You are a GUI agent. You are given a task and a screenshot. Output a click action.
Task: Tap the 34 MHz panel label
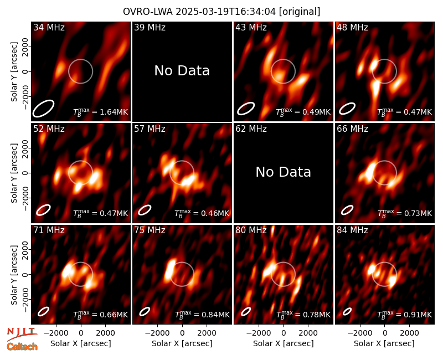[49, 27]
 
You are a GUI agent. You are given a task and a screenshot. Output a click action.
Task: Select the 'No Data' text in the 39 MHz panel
[182, 71]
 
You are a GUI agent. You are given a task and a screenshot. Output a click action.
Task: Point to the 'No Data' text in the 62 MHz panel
[284, 172]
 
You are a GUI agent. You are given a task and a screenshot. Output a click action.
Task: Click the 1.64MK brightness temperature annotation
[101, 112]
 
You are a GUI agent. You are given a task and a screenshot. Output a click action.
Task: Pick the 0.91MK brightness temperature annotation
[405, 315]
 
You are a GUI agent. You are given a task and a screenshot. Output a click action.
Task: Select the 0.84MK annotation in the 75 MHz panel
[202, 315]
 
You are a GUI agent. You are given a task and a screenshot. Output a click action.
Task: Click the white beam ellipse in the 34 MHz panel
[43, 108]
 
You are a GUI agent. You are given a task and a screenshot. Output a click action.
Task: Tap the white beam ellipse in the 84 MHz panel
[347, 311]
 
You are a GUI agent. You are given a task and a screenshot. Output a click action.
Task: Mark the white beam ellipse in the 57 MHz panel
[145, 210]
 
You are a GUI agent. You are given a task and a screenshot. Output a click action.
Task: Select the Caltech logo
[22, 347]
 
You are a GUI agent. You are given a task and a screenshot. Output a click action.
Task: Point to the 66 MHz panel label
[352, 129]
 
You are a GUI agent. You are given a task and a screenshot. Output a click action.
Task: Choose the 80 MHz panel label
[251, 230]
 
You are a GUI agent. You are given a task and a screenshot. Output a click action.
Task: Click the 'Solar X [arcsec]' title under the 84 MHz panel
[384, 343]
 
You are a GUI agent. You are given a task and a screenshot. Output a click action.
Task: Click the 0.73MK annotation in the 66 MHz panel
[405, 213]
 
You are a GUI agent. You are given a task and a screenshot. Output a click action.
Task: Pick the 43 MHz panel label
[251, 27]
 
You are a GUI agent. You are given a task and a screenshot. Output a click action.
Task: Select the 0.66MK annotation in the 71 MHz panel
[101, 315]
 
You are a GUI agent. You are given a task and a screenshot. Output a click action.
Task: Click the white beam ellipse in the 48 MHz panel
[347, 109]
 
